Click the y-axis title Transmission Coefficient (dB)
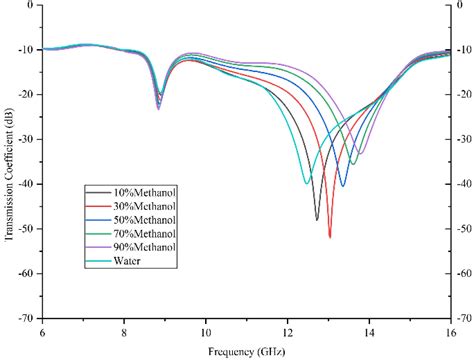click(8, 160)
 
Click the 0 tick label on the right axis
click(462, 5)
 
